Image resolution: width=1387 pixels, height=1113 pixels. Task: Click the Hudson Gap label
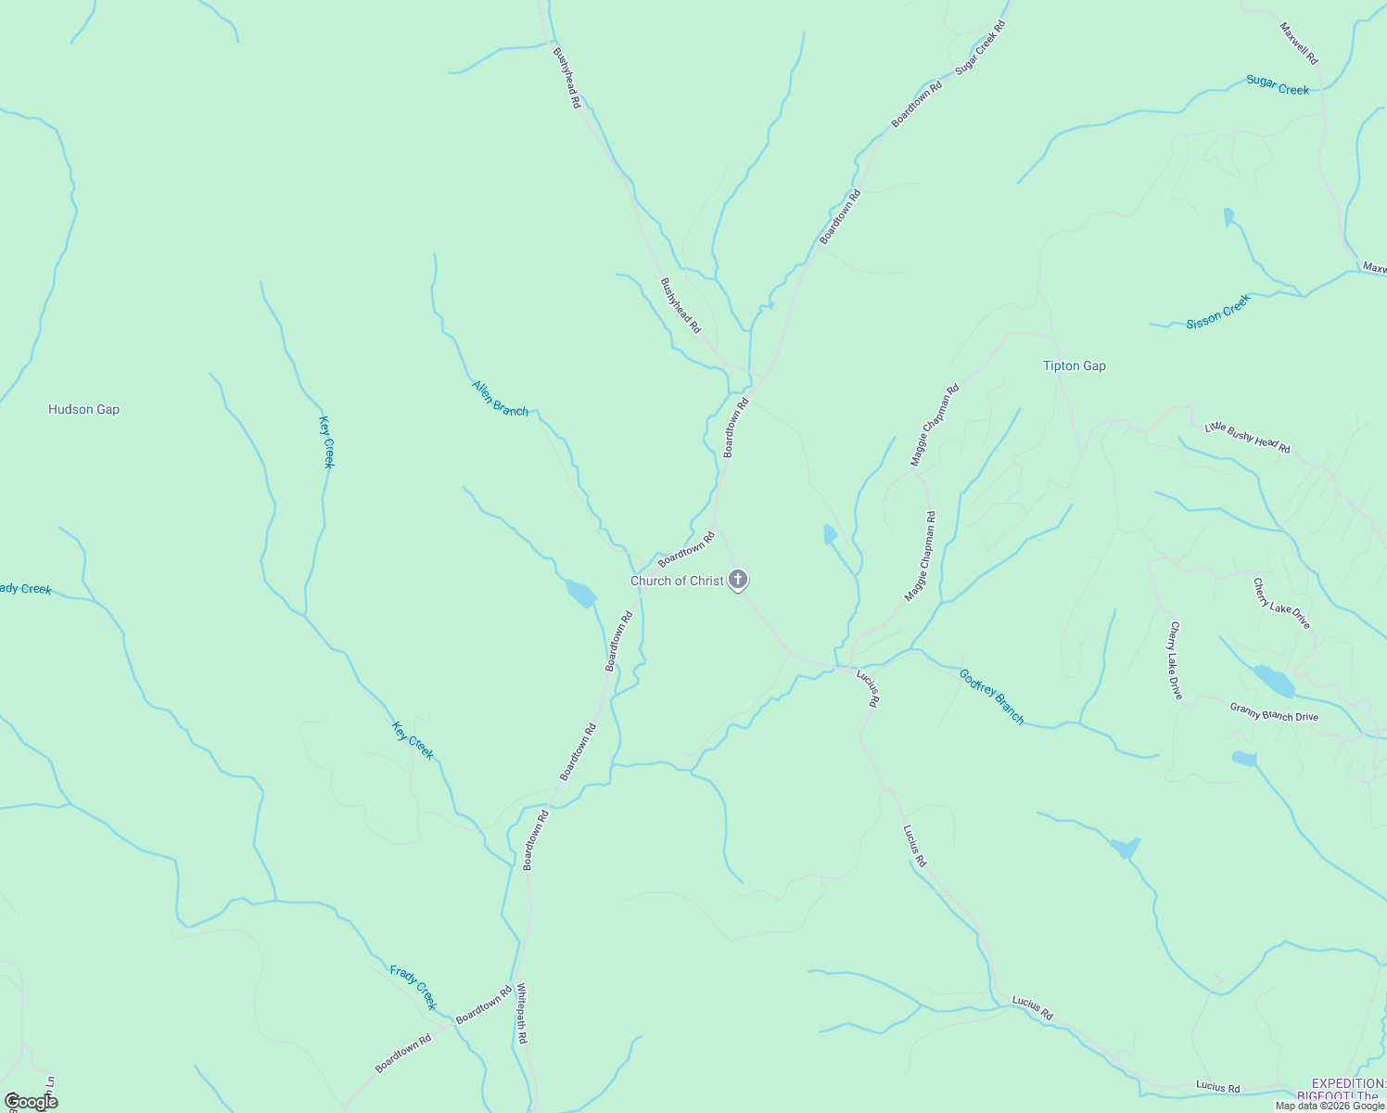(83, 409)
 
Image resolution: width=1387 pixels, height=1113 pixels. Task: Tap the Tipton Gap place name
(1074, 365)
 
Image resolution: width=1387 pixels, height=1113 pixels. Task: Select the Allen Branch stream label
(500, 398)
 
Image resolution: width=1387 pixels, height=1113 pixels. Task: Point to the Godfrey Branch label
(992, 697)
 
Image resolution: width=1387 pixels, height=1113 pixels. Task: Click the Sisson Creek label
(1218, 312)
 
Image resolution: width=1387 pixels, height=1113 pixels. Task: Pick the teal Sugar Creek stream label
(1278, 85)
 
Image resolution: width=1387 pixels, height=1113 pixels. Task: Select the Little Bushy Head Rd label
(1247, 437)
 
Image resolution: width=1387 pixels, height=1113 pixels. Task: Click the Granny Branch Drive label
(1274, 711)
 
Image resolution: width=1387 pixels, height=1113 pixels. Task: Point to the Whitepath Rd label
(521, 1013)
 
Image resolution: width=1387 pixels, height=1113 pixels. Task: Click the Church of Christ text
(677, 581)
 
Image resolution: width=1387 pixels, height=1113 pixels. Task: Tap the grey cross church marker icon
(738, 581)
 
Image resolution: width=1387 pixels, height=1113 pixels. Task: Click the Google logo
(31, 1102)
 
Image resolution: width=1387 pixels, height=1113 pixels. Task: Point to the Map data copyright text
(1330, 1106)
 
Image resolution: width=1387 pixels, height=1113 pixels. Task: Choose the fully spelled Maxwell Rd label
(1299, 43)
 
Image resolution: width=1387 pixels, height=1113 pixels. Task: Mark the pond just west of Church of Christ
(581, 593)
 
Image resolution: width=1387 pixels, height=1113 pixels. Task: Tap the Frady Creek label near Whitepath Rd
(413, 987)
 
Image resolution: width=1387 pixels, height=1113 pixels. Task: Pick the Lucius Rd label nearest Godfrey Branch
(867, 687)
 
